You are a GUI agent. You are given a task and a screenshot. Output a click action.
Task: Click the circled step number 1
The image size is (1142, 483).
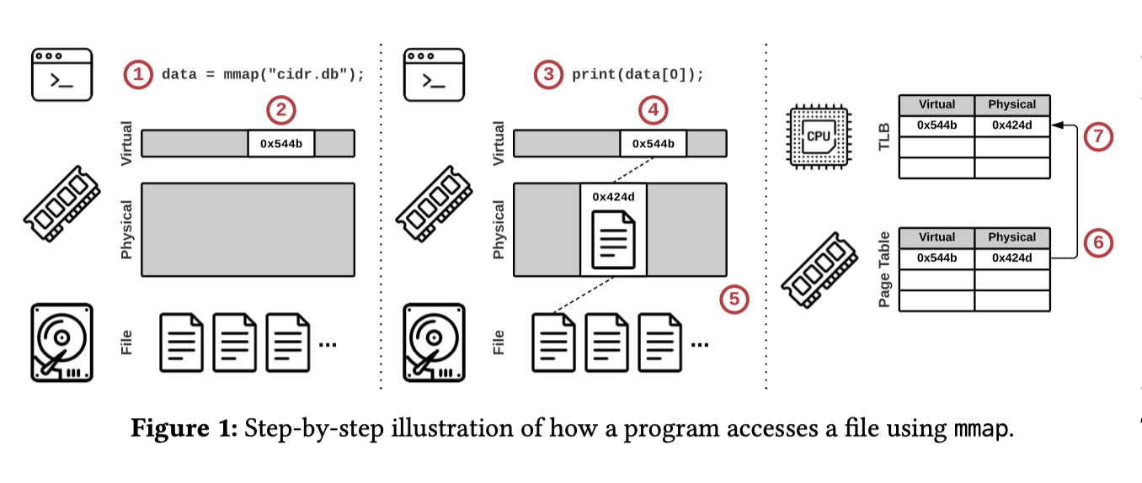click(x=138, y=74)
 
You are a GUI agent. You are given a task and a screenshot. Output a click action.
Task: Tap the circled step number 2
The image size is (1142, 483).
click(x=281, y=109)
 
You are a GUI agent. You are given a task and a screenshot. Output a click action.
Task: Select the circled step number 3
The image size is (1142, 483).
click(x=548, y=74)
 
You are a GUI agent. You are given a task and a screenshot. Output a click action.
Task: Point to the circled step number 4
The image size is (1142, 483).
click(x=653, y=109)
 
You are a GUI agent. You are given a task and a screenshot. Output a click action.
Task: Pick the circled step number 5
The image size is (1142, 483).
click(x=734, y=299)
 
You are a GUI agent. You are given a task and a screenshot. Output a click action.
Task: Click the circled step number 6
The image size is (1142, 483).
click(x=1097, y=243)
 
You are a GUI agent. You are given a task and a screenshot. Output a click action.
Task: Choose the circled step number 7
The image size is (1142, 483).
click(x=1097, y=137)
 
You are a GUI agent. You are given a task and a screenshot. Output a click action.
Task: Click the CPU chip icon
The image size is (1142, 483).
click(x=818, y=135)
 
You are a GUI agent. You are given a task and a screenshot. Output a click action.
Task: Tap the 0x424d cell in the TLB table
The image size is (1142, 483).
click(x=1011, y=126)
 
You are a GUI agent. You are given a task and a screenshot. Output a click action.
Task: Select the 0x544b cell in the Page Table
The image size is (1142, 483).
click(x=937, y=258)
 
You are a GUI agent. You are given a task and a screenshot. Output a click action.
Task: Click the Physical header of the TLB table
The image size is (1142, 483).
click(x=1011, y=104)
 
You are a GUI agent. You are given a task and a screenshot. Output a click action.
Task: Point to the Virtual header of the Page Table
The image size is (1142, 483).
click(x=937, y=237)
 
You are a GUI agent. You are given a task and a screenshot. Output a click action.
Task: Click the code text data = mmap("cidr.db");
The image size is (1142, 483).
click(x=263, y=74)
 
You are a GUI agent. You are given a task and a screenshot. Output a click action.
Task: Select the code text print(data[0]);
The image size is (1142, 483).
click(x=638, y=74)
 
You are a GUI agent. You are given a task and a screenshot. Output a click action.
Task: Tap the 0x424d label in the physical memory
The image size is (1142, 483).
click(x=613, y=197)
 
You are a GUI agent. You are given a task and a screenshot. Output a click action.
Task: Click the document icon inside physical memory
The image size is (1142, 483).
click(x=613, y=239)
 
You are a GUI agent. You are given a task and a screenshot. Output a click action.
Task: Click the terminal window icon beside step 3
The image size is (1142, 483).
click(x=434, y=74)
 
